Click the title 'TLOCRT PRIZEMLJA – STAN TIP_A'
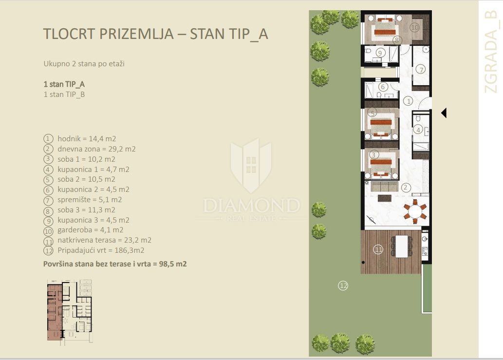[x=156, y=34]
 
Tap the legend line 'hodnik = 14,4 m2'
[x=87, y=139]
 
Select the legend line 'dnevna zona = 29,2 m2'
[x=96, y=149]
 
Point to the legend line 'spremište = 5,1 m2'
[x=90, y=200]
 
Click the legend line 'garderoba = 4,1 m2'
[x=91, y=230]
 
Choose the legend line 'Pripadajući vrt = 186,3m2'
[x=101, y=250]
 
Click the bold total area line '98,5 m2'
[x=172, y=264]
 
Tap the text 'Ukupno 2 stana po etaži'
[x=84, y=63]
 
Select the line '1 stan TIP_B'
[x=64, y=95]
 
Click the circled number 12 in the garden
[x=343, y=285]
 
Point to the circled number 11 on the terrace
[x=378, y=249]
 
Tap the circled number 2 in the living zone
[x=406, y=188]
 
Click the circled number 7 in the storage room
[x=421, y=69]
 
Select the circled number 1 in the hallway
[x=408, y=101]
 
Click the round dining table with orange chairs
[x=415, y=212]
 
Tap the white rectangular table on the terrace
[x=402, y=246]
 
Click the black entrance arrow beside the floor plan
[x=444, y=113]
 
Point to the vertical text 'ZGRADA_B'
[x=491, y=51]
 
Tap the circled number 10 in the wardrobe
[x=415, y=28]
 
